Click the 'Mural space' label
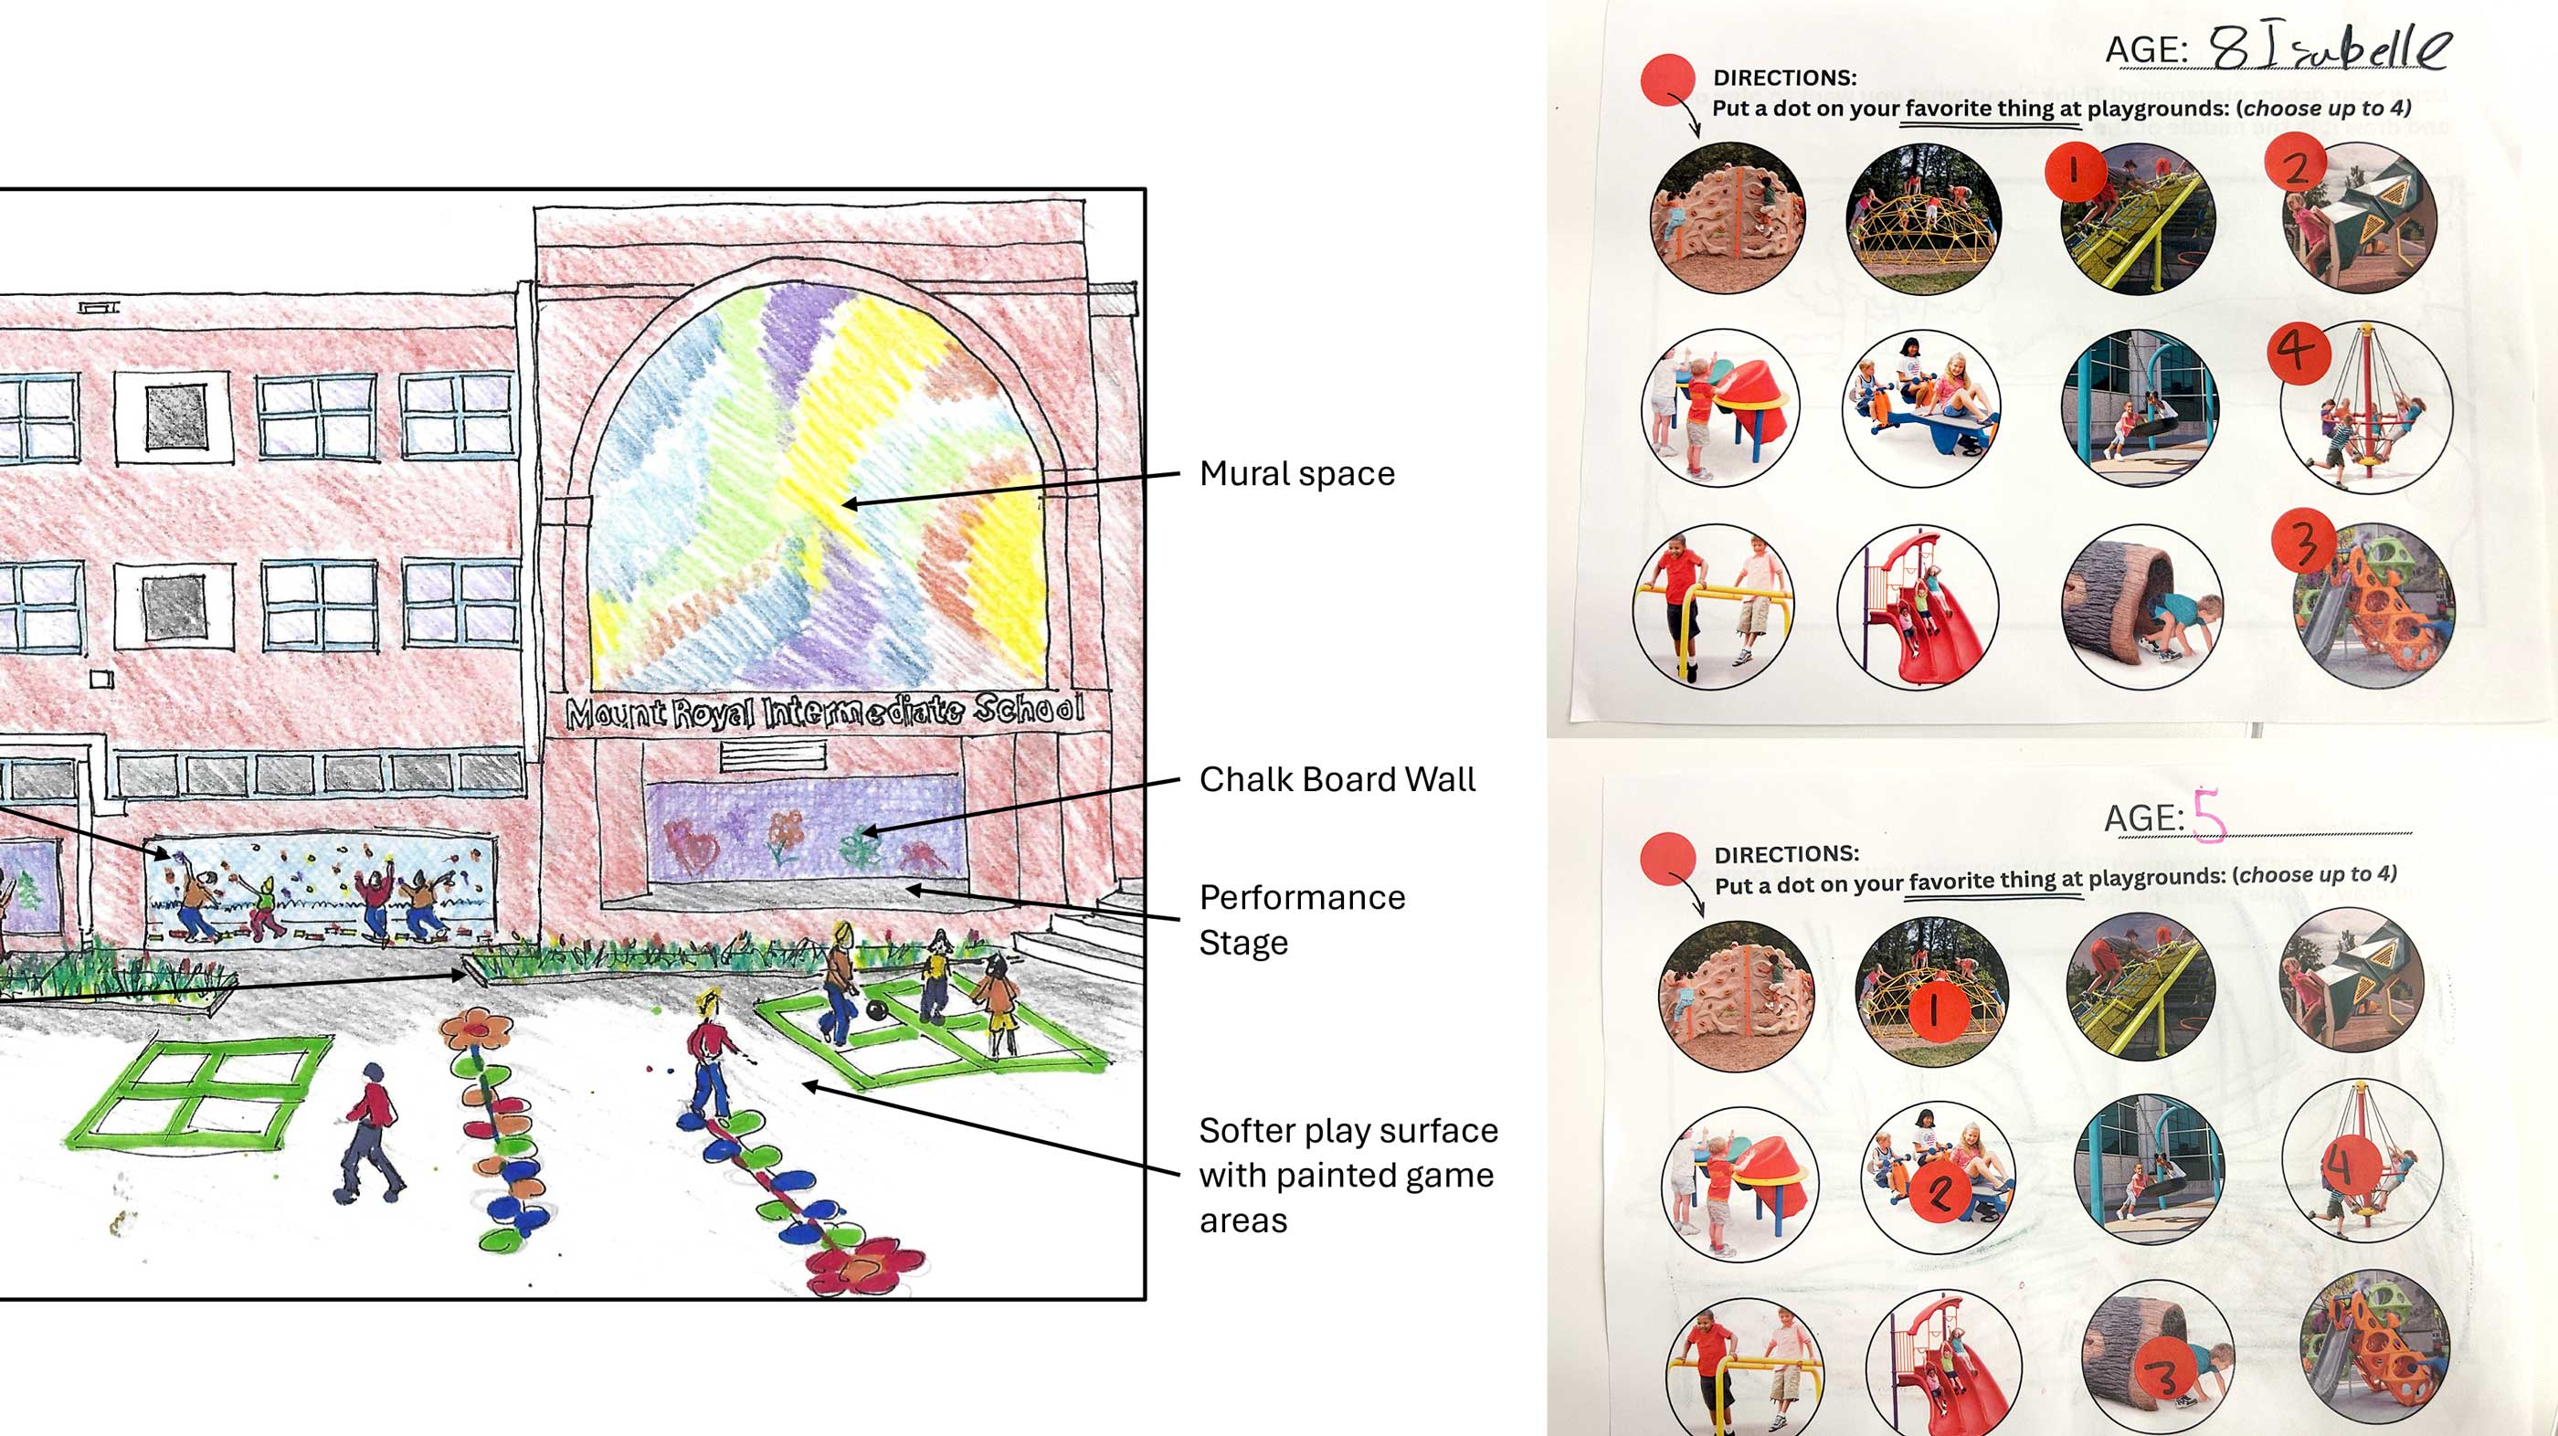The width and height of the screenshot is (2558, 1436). (1297, 474)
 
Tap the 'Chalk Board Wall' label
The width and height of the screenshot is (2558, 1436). (1337, 779)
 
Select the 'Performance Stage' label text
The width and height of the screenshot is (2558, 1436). (1302, 920)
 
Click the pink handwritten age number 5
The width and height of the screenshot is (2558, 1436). (2208, 814)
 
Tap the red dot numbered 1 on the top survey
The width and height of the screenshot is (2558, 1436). (2076, 172)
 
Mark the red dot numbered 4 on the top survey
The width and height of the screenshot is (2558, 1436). (2298, 350)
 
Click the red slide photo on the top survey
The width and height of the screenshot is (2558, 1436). (1917, 607)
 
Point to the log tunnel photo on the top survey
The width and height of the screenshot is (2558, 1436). (2142, 607)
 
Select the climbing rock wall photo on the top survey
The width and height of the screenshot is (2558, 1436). (1728, 216)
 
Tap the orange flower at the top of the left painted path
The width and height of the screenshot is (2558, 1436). (476, 1029)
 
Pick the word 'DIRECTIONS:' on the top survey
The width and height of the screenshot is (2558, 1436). (1784, 78)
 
